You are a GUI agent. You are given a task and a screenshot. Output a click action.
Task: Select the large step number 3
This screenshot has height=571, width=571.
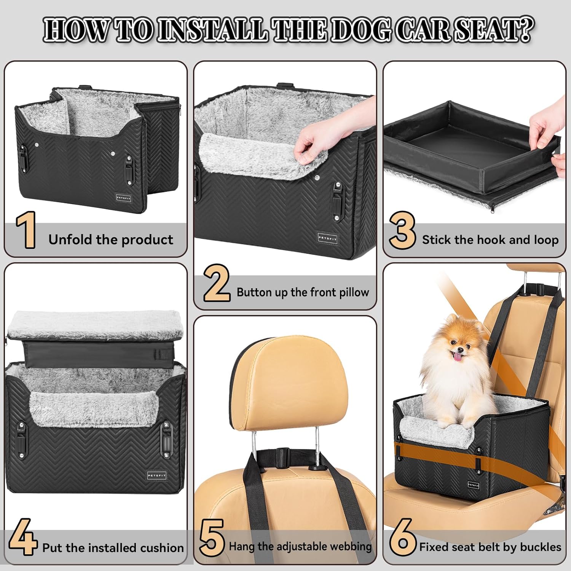402,230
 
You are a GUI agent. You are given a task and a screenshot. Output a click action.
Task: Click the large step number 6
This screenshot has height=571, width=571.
403,538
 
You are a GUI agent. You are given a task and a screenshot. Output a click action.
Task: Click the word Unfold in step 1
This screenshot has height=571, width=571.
71,239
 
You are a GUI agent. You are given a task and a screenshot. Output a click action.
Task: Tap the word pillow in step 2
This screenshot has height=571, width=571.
353,292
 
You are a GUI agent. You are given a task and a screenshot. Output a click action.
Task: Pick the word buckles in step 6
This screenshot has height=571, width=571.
541,547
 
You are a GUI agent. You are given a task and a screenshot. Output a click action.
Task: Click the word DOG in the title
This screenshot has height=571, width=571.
360,30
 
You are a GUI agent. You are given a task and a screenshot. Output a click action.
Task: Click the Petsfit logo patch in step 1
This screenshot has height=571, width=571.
124,198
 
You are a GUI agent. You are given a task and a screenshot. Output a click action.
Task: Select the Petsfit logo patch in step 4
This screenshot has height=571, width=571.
157,476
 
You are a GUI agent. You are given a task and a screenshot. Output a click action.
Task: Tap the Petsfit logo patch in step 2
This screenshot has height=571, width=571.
327,238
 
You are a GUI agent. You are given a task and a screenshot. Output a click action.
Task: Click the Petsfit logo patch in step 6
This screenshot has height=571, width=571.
474,485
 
